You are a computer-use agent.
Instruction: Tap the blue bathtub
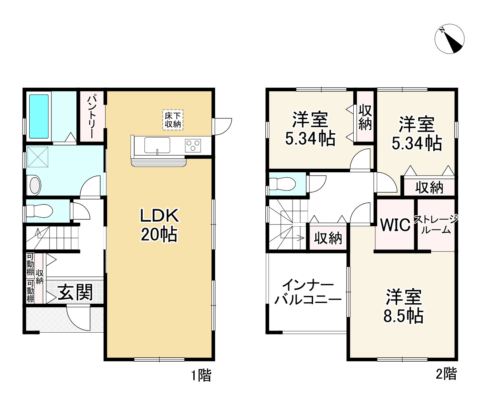coord(39,117)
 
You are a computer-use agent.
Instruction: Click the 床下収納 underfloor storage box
coord(173,120)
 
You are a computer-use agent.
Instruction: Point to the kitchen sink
coord(157,145)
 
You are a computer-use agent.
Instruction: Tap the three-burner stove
coord(193,146)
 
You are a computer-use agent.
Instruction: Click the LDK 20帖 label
coord(160,225)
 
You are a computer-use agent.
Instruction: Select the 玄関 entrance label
coord(75,292)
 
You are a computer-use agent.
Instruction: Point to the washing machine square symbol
coord(38,157)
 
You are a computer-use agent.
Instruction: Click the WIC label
coord(395,224)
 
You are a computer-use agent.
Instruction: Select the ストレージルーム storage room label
coord(436,224)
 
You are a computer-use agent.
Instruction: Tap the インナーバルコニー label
coord(308,292)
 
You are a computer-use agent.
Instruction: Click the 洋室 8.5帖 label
coord(404,306)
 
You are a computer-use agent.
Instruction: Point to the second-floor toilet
coord(283,184)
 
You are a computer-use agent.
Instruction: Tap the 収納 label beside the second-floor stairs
coord(328,238)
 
